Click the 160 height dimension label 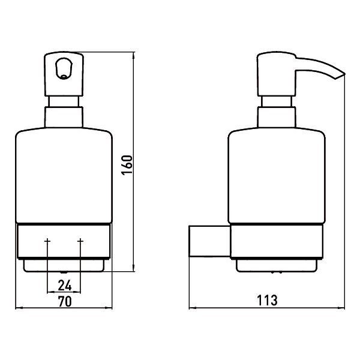(127, 165)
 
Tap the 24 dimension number (65, 286)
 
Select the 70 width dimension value (65, 301)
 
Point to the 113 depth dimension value (267, 301)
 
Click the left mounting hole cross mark (47, 241)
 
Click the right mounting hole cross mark (80, 241)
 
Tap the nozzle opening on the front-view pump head (64, 68)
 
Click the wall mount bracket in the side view (209, 241)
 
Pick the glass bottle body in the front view (64, 175)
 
